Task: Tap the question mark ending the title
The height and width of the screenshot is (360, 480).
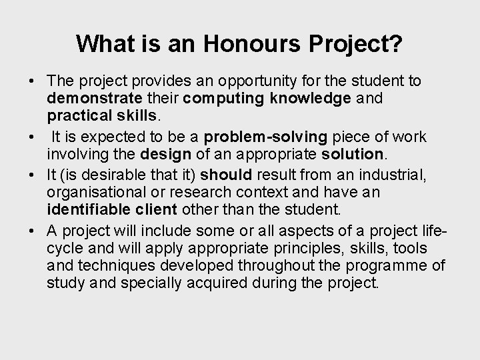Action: click(396, 44)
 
